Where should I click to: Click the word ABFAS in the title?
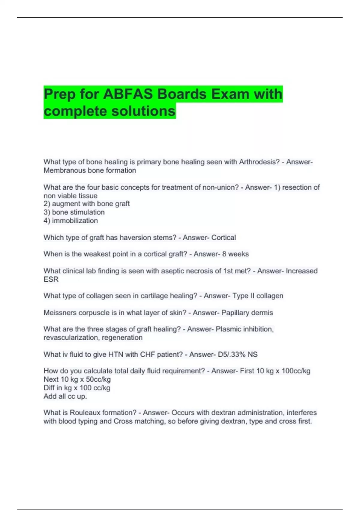click(x=129, y=94)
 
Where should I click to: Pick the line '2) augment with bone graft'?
click(x=87, y=204)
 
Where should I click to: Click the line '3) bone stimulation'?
click(x=74, y=212)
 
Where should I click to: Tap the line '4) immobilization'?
click(x=71, y=220)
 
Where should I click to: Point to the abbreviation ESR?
click(x=51, y=279)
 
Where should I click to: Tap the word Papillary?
click(x=235, y=313)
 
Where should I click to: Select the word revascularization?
click(x=71, y=337)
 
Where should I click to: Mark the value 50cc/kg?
click(x=98, y=379)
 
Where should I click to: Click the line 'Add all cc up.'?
click(x=65, y=396)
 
